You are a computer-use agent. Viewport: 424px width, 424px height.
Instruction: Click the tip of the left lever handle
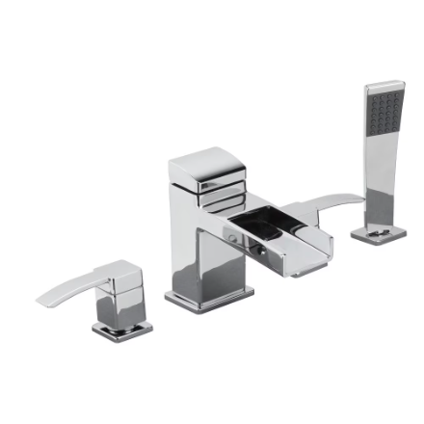41,300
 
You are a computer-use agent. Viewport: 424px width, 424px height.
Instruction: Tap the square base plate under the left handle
122,330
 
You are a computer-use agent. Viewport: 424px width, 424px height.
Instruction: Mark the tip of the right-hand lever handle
360,199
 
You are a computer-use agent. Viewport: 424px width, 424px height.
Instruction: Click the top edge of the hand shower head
384,84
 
